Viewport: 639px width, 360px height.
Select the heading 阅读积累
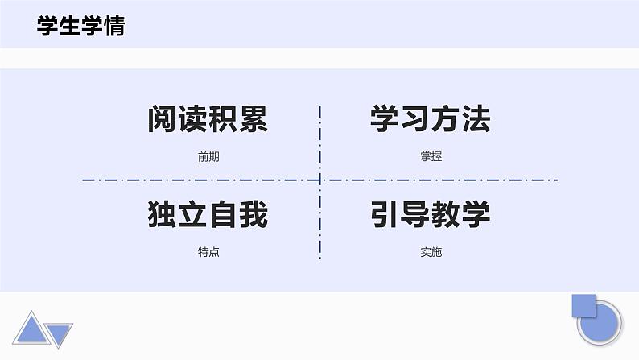coord(208,120)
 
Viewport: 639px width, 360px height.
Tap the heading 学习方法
coord(431,120)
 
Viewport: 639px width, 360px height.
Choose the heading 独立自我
coord(208,215)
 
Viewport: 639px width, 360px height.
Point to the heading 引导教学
coord(431,215)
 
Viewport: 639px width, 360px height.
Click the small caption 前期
coord(208,157)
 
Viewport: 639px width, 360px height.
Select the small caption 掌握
coord(431,157)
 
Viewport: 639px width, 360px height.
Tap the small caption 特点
coord(208,252)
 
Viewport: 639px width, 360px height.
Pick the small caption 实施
coord(431,252)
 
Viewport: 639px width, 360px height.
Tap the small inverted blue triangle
coord(60,332)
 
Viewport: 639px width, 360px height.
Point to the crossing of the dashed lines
coord(320,180)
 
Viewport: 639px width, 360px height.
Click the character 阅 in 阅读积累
coord(163,120)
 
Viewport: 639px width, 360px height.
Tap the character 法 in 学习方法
coord(476,120)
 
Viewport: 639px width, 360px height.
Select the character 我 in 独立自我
coord(253,215)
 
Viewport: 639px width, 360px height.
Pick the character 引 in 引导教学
coord(385,215)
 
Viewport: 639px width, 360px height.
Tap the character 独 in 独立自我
coord(163,215)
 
